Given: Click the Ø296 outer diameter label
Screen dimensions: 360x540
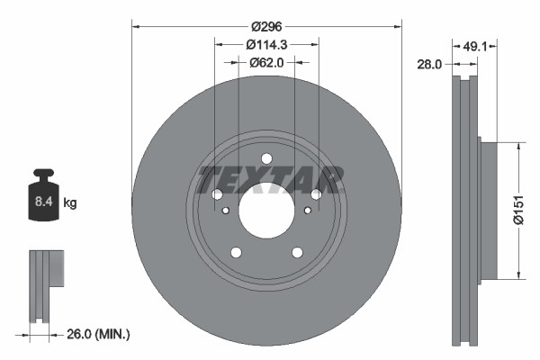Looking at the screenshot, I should (266, 26).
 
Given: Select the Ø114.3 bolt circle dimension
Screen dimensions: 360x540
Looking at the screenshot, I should (266, 44).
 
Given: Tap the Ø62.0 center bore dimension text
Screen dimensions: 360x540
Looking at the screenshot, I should (266, 62).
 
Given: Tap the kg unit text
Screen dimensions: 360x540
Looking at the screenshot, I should (69, 203).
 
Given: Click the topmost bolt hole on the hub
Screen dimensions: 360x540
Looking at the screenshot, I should (266, 159).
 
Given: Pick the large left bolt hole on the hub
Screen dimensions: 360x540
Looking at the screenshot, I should (217, 194).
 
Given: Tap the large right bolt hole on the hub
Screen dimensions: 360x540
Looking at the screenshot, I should (316, 194).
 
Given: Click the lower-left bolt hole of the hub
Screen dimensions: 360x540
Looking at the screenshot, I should (236, 253).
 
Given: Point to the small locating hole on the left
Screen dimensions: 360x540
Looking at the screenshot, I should (225, 210).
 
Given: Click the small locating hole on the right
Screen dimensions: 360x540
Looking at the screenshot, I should (308, 210).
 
